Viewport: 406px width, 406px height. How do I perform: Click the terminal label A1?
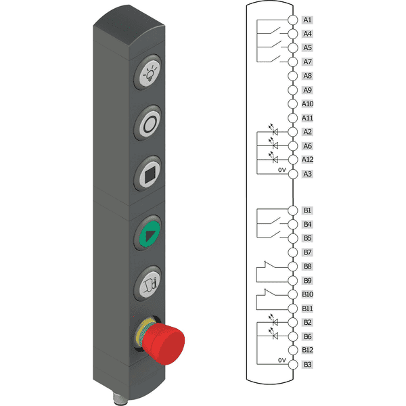click(x=307, y=20)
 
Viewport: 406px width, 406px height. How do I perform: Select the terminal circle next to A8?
click(x=293, y=76)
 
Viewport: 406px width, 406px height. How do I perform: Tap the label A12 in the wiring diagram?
click(x=307, y=160)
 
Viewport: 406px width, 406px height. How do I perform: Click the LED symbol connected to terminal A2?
click(x=273, y=129)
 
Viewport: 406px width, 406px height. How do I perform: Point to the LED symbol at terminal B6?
click(x=273, y=334)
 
